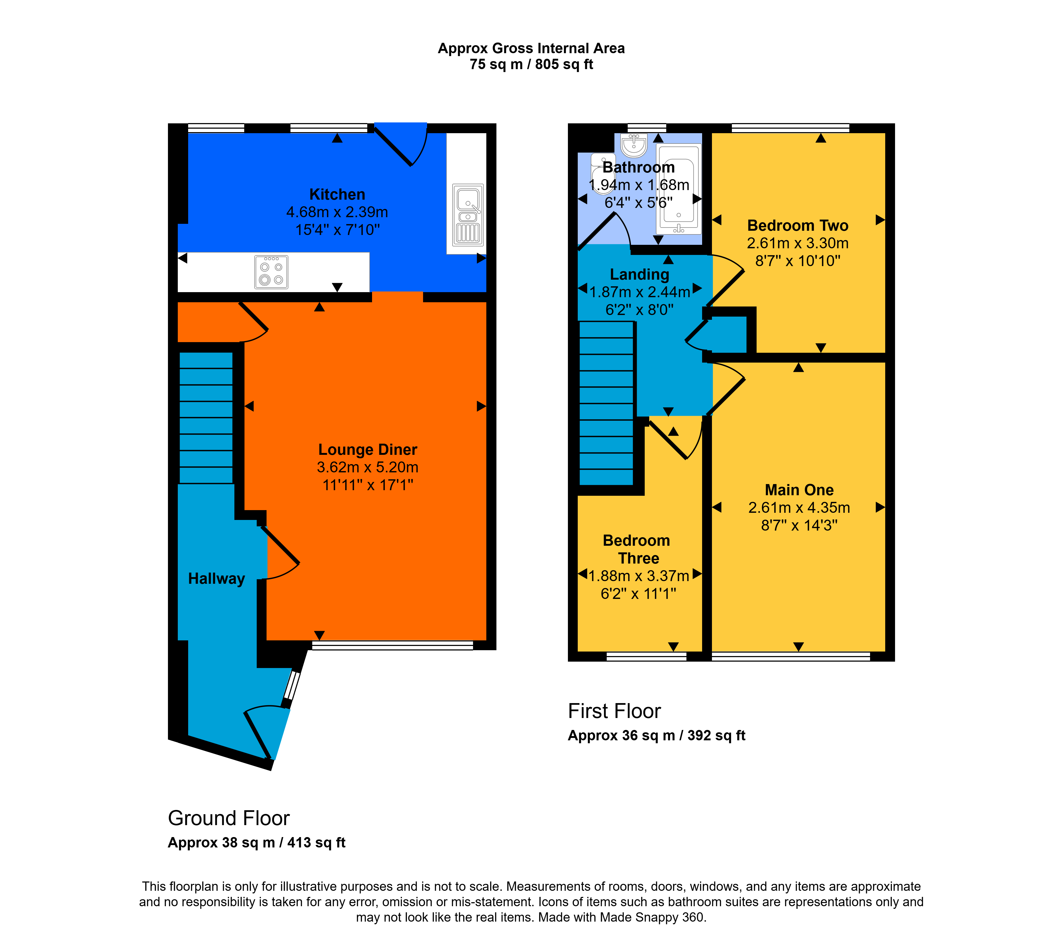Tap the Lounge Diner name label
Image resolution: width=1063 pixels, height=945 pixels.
click(368, 449)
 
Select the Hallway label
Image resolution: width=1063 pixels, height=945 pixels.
click(216, 579)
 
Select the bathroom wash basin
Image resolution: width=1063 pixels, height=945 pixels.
click(634, 145)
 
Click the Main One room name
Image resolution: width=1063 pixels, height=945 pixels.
click(799, 490)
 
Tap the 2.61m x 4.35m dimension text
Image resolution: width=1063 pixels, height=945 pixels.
click(799, 508)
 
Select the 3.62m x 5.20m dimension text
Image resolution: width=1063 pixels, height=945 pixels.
click(368, 467)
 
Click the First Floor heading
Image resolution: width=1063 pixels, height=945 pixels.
click(614, 711)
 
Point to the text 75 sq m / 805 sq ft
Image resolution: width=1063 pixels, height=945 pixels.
click(531, 65)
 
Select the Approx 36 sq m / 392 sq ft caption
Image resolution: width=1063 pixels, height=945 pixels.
click(656, 736)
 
